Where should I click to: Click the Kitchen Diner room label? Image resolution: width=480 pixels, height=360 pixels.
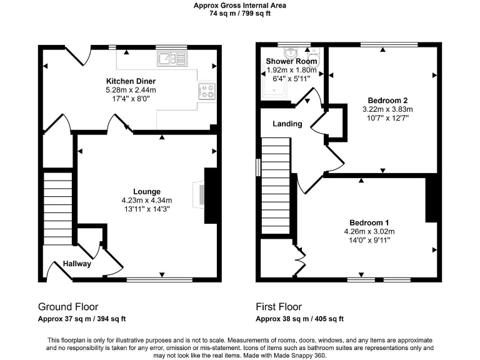click(x=131, y=81)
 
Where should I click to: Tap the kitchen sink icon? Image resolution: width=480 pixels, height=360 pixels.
click(x=172, y=59)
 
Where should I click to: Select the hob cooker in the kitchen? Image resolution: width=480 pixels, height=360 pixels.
click(x=207, y=91)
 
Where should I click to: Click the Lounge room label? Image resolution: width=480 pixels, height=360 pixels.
click(x=147, y=191)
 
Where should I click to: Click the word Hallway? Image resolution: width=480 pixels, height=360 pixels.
click(x=77, y=264)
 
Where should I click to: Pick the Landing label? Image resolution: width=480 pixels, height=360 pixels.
click(x=287, y=124)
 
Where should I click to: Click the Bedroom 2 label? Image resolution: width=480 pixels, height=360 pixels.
click(x=387, y=100)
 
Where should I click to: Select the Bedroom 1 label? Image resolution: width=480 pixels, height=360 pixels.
click(x=369, y=223)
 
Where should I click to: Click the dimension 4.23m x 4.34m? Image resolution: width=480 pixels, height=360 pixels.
click(x=147, y=200)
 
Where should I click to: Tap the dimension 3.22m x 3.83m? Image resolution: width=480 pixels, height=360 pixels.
click(x=387, y=109)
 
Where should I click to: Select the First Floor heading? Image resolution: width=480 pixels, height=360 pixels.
click(x=279, y=307)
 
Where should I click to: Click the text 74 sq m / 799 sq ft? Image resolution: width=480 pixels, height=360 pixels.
click(x=240, y=13)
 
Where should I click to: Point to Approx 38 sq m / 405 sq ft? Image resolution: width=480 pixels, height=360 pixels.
click(x=299, y=319)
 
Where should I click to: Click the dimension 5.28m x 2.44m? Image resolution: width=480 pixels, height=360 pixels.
click(x=131, y=90)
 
